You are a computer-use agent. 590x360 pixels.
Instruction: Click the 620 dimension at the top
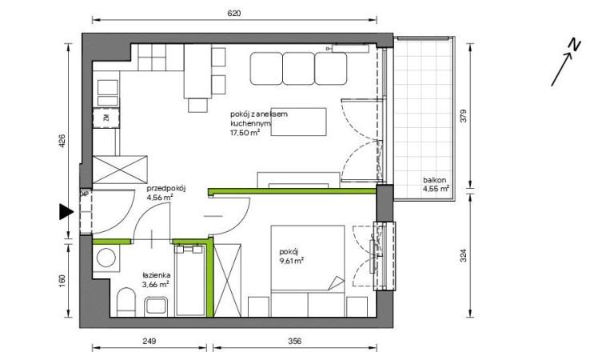tap(233, 13)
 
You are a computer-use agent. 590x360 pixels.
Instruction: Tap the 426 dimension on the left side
tap(62, 142)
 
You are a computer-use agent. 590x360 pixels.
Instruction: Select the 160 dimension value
tap(62, 280)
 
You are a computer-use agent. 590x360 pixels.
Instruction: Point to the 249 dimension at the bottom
tap(149, 341)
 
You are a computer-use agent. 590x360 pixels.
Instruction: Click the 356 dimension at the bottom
tap(295, 341)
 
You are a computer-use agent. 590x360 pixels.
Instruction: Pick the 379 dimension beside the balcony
tap(463, 116)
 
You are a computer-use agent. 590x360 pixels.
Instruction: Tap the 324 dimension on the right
tap(463, 256)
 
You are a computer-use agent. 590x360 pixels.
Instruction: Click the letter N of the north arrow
tap(574, 44)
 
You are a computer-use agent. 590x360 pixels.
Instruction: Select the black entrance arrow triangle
tap(66, 212)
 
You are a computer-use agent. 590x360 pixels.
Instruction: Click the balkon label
tap(434, 180)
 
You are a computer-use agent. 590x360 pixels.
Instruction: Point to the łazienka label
tap(156, 275)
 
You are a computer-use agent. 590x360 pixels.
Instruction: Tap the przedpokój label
tap(166, 188)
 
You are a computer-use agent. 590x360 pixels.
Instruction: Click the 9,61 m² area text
tap(292, 261)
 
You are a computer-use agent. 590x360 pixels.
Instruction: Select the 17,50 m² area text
tap(245, 133)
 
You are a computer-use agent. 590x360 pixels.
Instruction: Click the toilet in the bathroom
tap(126, 302)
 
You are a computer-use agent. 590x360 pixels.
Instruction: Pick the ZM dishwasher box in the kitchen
tap(106, 118)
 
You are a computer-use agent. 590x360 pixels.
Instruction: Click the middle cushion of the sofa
tap(298, 69)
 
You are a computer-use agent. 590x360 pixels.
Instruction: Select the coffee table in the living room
tap(298, 122)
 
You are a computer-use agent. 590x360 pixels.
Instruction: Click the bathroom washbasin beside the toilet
tap(156, 306)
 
